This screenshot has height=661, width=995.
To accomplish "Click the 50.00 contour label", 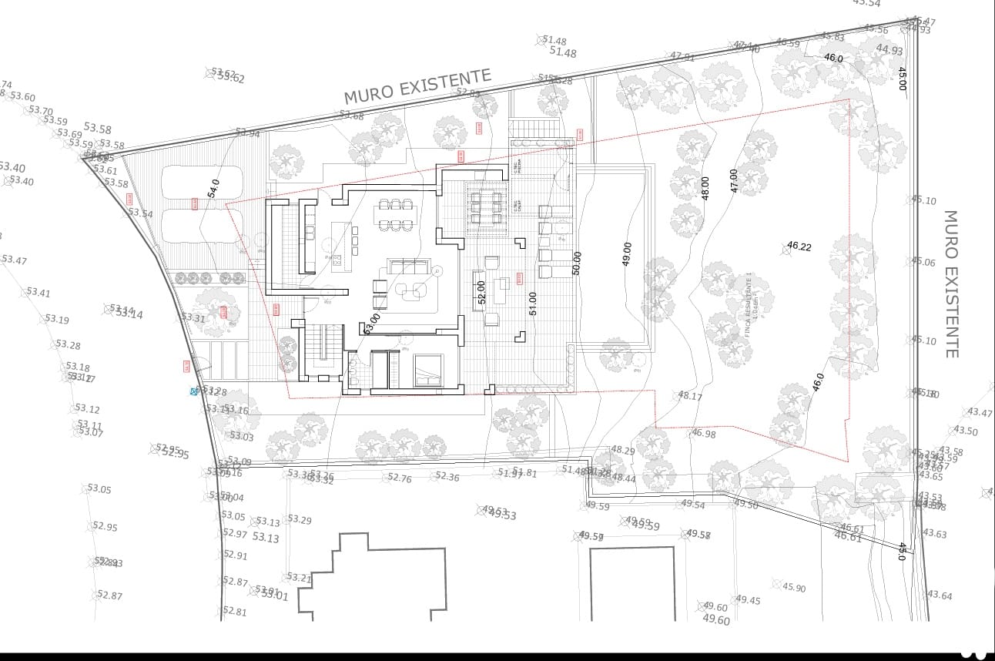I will coord(577,263).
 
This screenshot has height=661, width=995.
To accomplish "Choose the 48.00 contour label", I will coord(705,190).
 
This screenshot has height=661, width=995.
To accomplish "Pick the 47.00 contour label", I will coord(734,181).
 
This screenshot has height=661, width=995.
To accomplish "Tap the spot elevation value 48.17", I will coord(690,396).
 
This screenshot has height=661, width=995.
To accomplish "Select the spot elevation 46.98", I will coord(704,434).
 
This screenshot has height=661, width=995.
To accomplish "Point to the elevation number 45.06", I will coord(924,262).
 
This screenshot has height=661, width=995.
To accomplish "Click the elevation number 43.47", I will coord(980,413).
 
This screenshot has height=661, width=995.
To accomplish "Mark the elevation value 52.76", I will coord(400,478).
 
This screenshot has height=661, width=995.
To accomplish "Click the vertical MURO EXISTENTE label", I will coord(951,284).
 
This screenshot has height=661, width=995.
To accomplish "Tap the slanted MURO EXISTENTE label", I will coord(417,86).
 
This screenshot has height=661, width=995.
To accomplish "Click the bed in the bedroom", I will coord(428,371).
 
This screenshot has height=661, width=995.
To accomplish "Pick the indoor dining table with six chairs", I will coord(395,215).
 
